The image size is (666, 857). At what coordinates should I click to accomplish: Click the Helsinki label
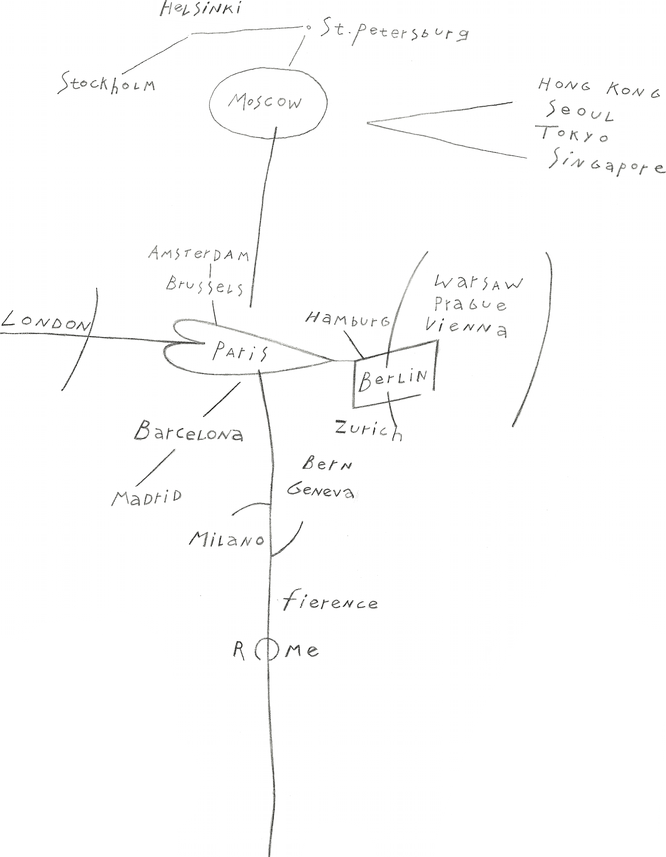coord(200,9)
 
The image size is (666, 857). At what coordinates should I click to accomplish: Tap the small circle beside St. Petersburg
coord(308,27)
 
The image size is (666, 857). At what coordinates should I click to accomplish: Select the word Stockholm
coord(107,84)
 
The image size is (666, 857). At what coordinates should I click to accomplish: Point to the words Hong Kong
coord(599,88)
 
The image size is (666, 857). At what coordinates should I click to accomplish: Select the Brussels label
coord(204,285)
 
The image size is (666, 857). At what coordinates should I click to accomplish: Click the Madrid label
coord(147,497)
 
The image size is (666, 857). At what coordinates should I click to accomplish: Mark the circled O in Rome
coord(267,651)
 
